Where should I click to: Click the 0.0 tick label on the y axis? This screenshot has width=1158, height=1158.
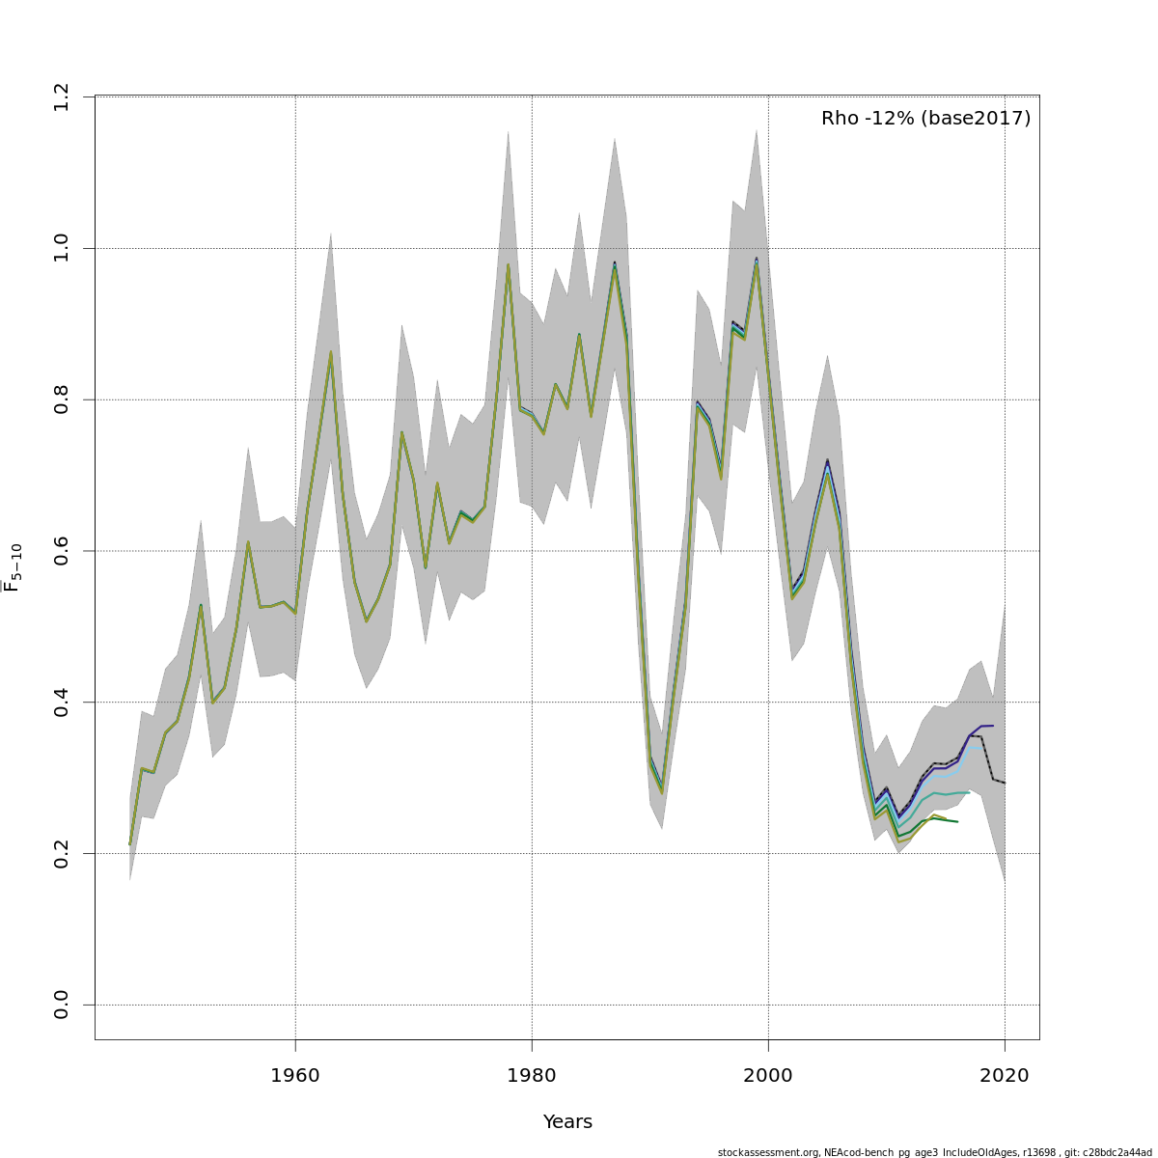[62, 1005]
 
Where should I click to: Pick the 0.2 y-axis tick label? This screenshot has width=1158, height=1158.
[62, 853]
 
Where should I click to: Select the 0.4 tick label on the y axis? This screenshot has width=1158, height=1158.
[62, 702]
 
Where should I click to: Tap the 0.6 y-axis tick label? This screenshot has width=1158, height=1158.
[62, 551]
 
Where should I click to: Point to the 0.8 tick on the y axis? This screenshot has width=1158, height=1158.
[62, 400]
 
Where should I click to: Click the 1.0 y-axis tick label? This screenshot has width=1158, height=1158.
[62, 248]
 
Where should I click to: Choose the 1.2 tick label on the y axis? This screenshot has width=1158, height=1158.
[62, 96]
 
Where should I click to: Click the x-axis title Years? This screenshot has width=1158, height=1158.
[567, 1122]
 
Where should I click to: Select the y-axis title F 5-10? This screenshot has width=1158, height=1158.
[13, 568]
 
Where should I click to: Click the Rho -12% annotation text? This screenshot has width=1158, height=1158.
[925, 119]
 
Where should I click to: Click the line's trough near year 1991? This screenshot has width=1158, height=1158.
[662, 792]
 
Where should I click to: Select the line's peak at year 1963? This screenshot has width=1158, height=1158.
[331, 352]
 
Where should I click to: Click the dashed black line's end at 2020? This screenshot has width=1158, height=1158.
[1005, 783]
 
